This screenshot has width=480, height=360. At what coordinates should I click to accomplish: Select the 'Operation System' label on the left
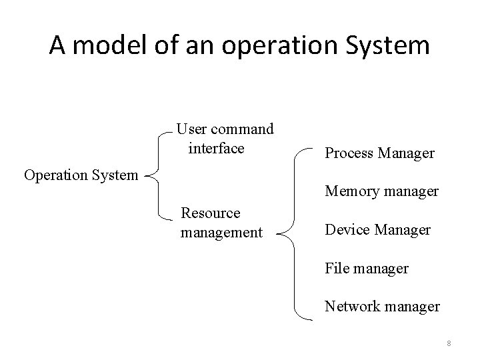pyautogui.click(x=81, y=175)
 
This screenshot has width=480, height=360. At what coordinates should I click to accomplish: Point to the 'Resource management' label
pyautogui.click(x=221, y=223)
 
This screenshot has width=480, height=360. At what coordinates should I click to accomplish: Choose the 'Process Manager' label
pyautogui.click(x=379, y=153)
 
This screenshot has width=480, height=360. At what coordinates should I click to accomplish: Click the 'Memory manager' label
pyautogui.click(x=381, y=191)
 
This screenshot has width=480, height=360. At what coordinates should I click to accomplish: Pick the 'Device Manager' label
pyautogui.click(x=377, y=230)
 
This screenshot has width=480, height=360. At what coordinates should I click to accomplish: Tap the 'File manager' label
pyautogui.click(x=366, y=269)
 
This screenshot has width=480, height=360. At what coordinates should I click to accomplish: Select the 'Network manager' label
pyautogui.click(x=382, y=306)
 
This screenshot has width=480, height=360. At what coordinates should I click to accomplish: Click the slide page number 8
pyautogui.click(x=449, y=343)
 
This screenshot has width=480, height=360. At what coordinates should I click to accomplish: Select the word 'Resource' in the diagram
pyautogui.click(x=211, y=213)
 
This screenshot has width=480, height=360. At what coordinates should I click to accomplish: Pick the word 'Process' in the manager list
pyautogui.click(x=347, y=153)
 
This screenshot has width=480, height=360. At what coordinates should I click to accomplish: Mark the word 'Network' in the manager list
pyautogui.click(x=349, y=306)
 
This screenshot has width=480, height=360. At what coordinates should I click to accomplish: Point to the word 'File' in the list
pyautogui.click(x=337, y=269)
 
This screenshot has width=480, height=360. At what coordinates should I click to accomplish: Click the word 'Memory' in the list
pyautogui.click(x=349, y=191)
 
